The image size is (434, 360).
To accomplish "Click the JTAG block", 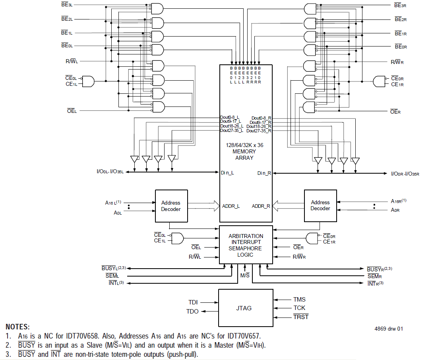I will [245, 308].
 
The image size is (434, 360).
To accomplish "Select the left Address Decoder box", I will [171, 206].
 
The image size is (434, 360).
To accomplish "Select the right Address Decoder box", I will [320, 205].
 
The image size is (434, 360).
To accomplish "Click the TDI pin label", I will [193, 302].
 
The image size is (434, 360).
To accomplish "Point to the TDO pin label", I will [192, 312].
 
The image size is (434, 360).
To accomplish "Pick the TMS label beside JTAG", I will [299, 300].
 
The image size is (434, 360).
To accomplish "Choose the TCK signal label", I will [299, 308].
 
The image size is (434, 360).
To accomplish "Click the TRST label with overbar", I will [301, 317].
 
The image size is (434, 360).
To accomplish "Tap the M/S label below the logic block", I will [245, 275].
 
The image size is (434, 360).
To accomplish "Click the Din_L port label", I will [227, 172].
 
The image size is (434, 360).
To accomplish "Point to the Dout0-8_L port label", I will [230, 118].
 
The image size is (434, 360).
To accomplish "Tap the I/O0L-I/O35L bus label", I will [110, 172].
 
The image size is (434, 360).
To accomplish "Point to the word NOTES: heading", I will [17, 327].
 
